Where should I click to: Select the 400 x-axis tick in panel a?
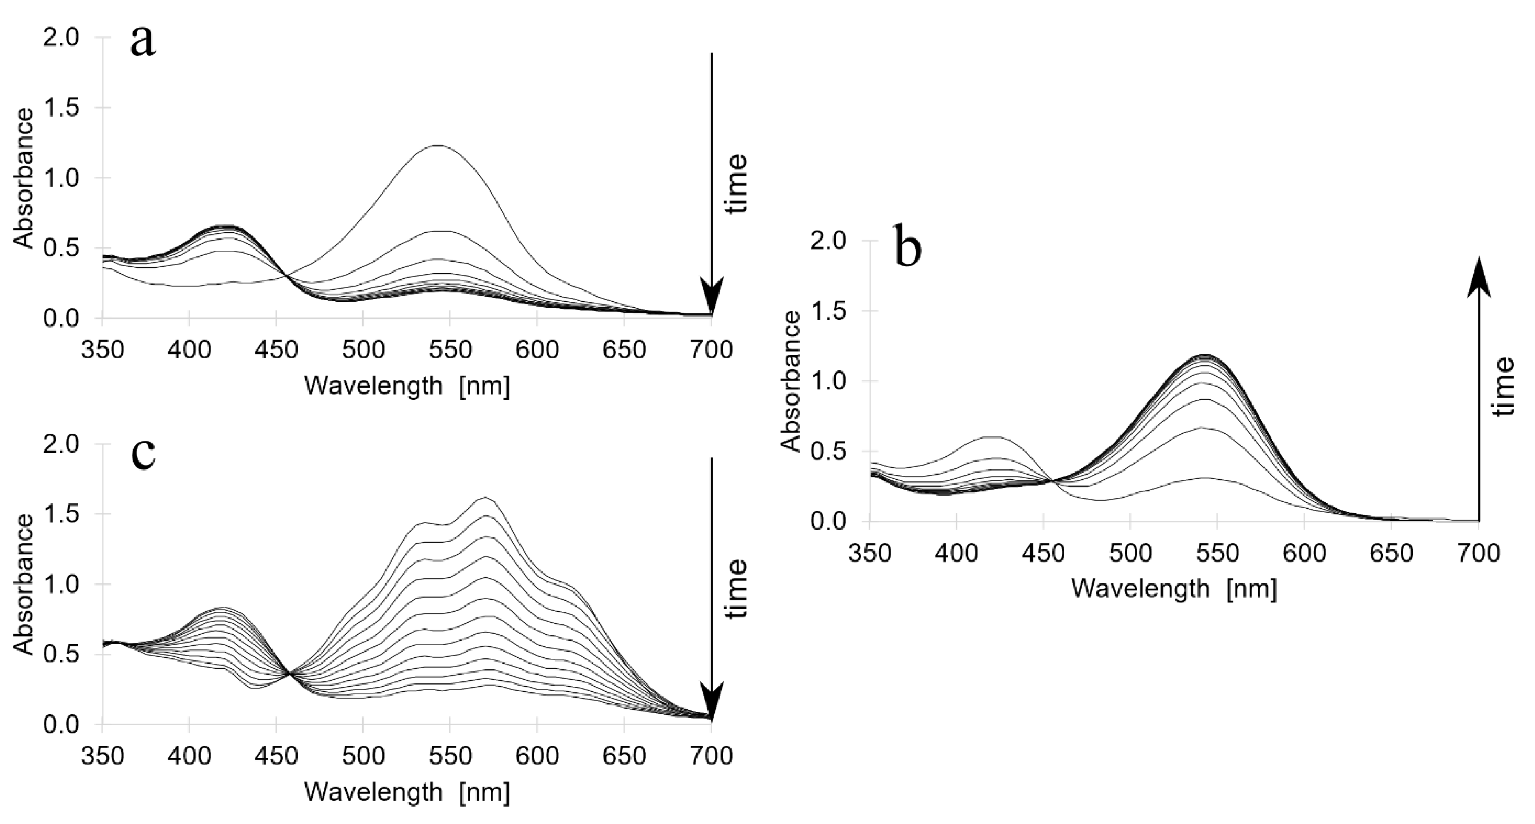[x=189, y=350]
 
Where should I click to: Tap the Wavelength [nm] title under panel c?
[x=407, y=792]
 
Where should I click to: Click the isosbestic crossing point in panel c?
[x=290, y=674]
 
